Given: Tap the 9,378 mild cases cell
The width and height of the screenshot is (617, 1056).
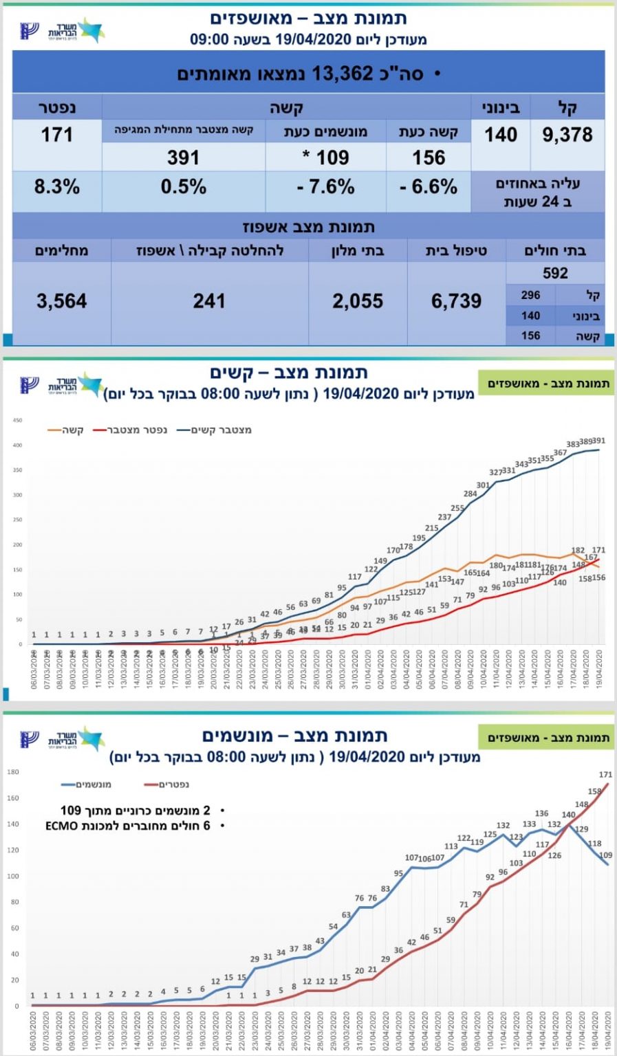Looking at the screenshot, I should tap(567, 135).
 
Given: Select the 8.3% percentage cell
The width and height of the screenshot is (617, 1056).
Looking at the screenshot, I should tap(57, 187).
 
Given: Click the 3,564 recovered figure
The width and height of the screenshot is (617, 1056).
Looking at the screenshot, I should tap(61, 301).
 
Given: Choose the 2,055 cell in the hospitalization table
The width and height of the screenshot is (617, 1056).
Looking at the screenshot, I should tap(358, 301).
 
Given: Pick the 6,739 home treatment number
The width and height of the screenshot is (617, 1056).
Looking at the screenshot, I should tap(456, 301).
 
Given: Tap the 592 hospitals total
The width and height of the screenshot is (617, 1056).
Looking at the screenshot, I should tap(555, 273).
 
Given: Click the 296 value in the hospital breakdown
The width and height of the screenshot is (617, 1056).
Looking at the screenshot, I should tap(530, 295).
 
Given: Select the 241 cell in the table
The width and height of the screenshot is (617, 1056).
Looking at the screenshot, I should tap(209, 301).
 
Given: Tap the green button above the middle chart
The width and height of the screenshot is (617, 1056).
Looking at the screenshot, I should tap(548, 384).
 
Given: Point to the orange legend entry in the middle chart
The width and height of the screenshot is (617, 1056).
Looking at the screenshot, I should tap(66, 430).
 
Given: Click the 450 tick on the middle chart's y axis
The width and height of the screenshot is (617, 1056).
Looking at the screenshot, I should tap(18, 420).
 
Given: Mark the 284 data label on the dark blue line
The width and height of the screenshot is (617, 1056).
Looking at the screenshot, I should tap(470, 494).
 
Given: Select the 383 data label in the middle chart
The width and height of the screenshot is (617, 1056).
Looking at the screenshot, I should tap(573, 444).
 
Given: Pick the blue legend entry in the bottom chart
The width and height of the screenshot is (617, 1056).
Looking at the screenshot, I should tap(87, 784).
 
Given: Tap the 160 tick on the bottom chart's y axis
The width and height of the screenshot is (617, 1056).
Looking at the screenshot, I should tap(13, 798).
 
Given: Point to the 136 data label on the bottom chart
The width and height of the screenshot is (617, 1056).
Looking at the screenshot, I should tap(541, 814).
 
